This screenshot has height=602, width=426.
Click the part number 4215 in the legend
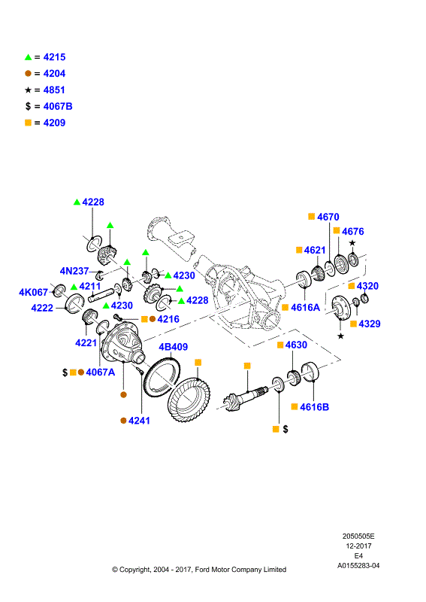click(54, 57)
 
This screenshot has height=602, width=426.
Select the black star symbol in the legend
click(28, 90)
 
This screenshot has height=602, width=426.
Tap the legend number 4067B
click(58, 106)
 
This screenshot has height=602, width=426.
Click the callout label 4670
click(328, 217)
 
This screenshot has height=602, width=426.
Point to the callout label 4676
click(353, 232)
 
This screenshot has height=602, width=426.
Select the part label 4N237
click(74, 271)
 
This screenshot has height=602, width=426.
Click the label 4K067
click(33, 293)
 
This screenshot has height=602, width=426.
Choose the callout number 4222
click(42, 308)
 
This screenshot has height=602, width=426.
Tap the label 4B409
click(174, 347)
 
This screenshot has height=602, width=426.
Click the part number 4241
click(139, 421)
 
